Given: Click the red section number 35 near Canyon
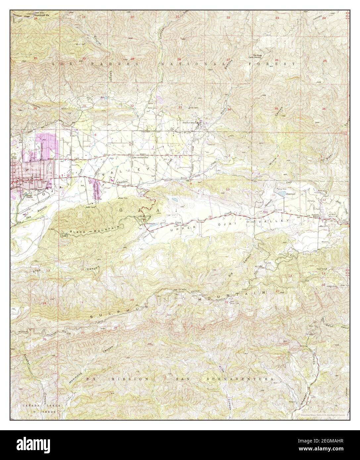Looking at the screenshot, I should (276, 109).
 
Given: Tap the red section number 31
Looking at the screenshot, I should (85, 106).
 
